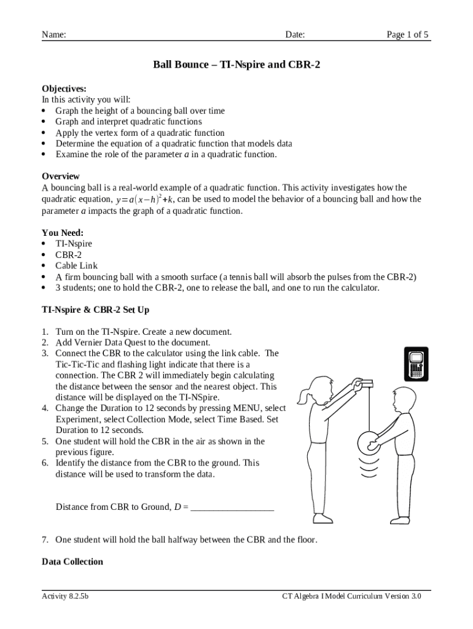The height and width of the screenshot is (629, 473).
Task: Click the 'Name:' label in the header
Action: tap(54, 34)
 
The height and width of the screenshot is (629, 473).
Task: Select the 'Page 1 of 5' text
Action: tap(407, 34)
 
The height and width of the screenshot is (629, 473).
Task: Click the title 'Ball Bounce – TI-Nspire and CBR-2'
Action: tap(237, 64)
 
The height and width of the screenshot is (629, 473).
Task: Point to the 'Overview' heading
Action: tap(61, 176)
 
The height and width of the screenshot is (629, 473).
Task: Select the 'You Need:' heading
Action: tap(63, 233)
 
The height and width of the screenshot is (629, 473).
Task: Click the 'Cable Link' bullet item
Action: tap(76, 266)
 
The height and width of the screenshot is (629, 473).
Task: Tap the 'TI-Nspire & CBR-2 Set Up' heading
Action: tap(95, 310)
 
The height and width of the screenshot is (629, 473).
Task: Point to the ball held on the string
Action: tap(369, 441)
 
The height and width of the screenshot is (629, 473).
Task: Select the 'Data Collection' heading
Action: tap(72, 561)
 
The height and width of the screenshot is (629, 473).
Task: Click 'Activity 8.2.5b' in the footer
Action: tap(65, 596)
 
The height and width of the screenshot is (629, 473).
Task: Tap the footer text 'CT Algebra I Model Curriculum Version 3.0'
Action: tap(351, 596)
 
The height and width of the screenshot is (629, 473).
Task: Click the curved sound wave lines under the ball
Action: tap(369, 468)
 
